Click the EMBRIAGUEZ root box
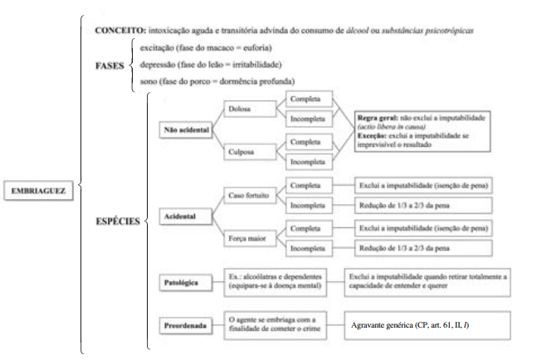click(x=38, y=189)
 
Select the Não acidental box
click(x=186, y=130)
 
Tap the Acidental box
click(x=180, y=216)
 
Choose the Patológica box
click(x=181, y=283)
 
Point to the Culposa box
click(x=245, y=152)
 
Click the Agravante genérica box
click(x=419, y=322)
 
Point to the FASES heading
click(x=110, y=64)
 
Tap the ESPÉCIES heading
click(x=117, y=221)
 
